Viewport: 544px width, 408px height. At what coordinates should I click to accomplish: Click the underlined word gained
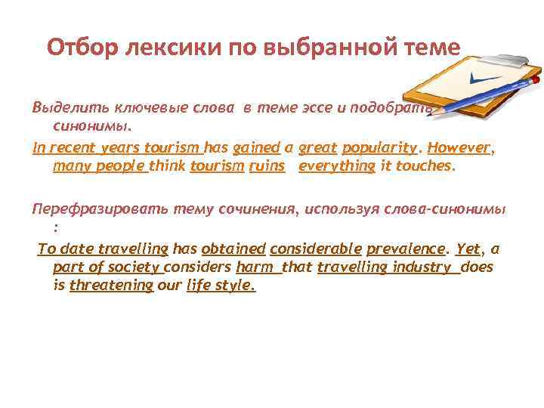(x=256, y=148)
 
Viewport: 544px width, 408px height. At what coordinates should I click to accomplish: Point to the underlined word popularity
(x=379, y=148)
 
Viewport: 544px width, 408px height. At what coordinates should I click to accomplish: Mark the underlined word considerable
(x=314, y=249)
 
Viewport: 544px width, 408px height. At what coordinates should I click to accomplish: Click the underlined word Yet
(x=468, y=249)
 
